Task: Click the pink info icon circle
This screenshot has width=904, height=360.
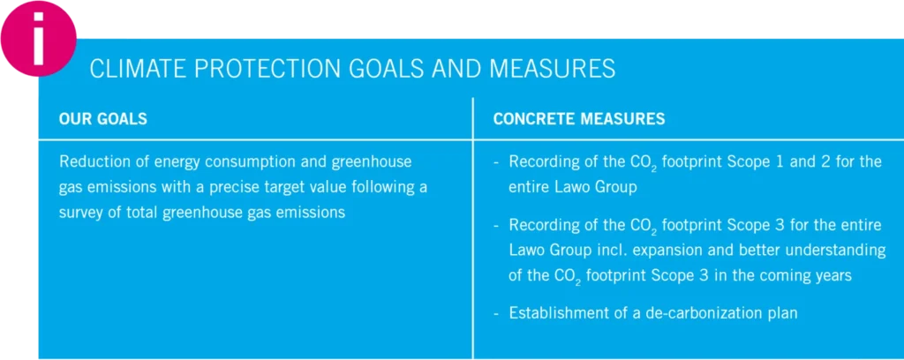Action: click(39, 39)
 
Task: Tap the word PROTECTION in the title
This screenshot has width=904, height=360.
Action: click(253, 69)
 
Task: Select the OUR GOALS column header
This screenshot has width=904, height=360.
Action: click(102, 119)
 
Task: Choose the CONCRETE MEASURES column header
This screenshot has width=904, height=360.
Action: click(579, 119)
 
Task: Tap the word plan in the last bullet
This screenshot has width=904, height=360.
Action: click(786, 314)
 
